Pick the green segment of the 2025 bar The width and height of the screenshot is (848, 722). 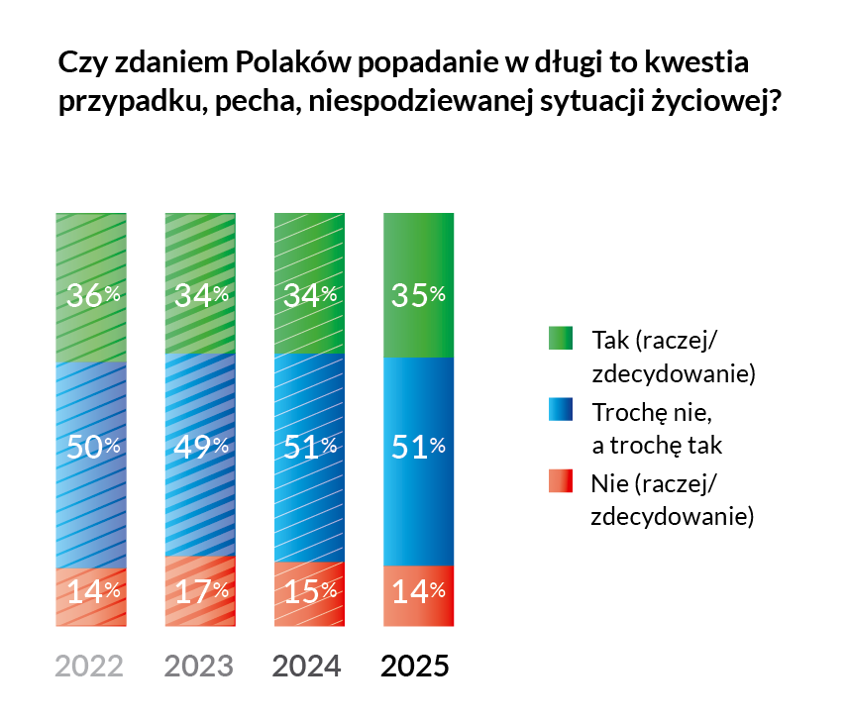pyautogui.click(x=417, y=248)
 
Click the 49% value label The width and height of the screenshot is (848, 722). pyautogui.click(x=202, y=447)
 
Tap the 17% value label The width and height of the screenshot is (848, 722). pyautogui.click(x=202, y=592)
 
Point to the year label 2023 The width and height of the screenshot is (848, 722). pyautogui.click(x=198, y=666)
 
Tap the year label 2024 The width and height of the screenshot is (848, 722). pyautogui.click(x=307, y=666)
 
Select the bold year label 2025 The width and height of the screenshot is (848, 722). pyautogui.click(x=416, y=666)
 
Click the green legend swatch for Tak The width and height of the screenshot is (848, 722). pyautogui.click(x=561, y=340)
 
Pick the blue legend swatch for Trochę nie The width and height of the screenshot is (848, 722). pyautogui.click(x=561, y=411)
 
